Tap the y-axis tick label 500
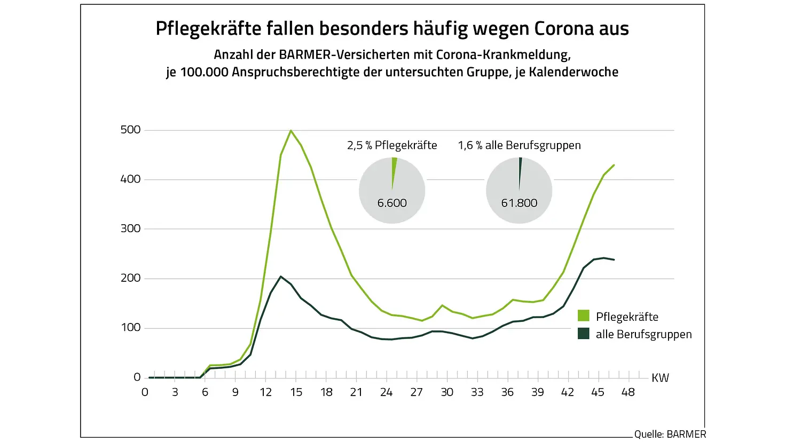point(131,130)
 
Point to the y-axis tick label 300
point(131,228)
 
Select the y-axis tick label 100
point(131,327)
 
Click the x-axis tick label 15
point(296,392)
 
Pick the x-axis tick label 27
point(416,392)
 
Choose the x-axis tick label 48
point(628,392)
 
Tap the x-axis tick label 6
point(205,392)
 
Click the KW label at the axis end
point(660,378)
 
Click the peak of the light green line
point(290,130)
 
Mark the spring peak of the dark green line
point(281,277)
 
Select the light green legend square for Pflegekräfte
point(584,316)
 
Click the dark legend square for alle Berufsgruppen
point(584,334)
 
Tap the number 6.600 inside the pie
point(392,203)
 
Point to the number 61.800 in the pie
point(519,203)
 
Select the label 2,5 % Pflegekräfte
point(392,145)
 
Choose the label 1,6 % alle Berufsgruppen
point(519,145)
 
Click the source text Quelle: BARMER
point(670,434)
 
